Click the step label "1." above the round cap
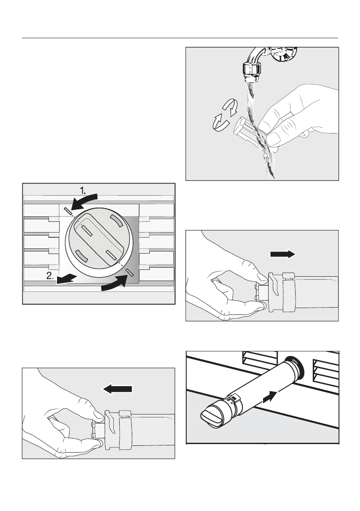point(83,190)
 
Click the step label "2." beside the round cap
point(50,276)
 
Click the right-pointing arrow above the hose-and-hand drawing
point(283,254)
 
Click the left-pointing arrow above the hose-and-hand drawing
point(118,389)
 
